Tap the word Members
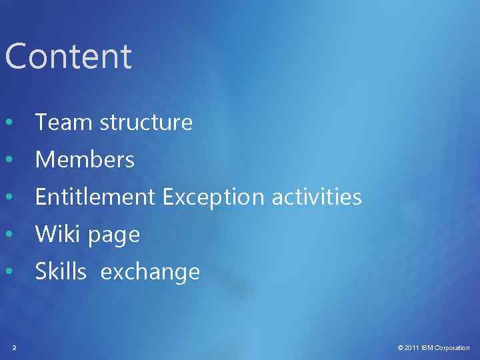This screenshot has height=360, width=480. (x=85, y=160)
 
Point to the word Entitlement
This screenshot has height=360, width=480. (x=95, y=197)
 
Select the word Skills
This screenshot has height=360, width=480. (x=61, y=272)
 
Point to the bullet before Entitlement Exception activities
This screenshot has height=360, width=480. (x=8, y=198)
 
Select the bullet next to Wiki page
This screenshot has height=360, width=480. (x=8, y=235)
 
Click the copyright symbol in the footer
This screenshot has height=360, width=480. (x=400, y=348)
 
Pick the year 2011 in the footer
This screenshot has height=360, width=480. (x=412, y=348)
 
